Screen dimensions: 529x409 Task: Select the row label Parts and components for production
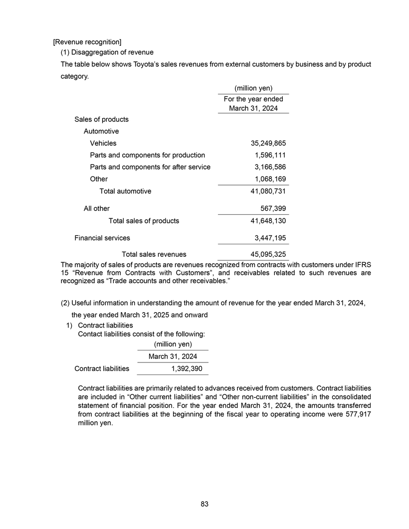click(147, 155)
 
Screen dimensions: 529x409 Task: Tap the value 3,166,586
click(270, 167)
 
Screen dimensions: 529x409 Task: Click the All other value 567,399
click(273, 208)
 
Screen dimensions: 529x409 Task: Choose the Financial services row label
click(102, 238)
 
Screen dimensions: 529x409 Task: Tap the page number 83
click(204, 504)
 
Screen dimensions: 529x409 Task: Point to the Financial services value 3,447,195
click(270, 238)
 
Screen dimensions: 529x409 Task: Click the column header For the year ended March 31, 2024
click(253, 104)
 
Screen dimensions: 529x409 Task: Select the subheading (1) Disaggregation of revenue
click(107, 52)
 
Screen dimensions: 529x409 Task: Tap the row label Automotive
click(101, 131)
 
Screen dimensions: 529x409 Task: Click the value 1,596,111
click(270, 155)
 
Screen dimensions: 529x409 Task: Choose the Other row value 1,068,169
click(270, 179)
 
